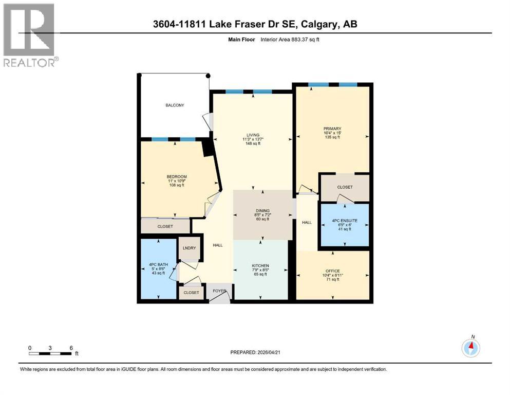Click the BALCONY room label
click(x=175, y=105)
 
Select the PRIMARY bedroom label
click(x=332, y=129)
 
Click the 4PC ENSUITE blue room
click(x=345, y=224)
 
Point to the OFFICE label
click(x=332, y=271)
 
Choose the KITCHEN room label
click(x=261, y=266)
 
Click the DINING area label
click(x=262, y=210)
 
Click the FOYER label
click(x=220, y=291)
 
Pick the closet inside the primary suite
click(x=345, y=187)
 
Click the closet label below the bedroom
click(x=165, y=226)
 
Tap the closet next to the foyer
click(x=191, y=293)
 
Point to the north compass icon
click(x=470, y=348)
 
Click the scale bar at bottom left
click(x=50, y=353)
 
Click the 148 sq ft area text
click(x=252, y=144)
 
